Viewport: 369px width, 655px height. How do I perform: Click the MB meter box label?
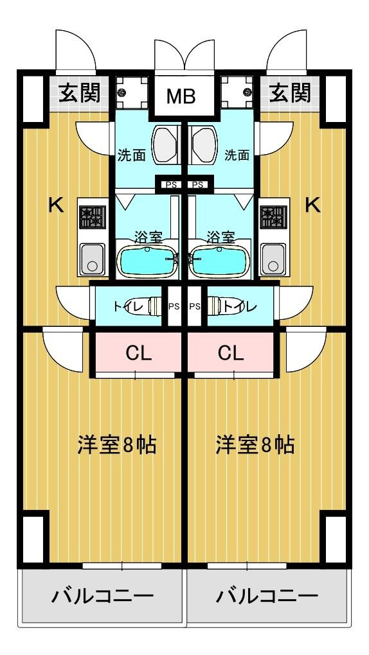pyautogui.click(x=181, y=96)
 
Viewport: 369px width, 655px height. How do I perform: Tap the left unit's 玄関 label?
pyautogui.click(x=79, y=92)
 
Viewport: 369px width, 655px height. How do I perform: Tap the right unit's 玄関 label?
pyautogui.click(x=289, y=92)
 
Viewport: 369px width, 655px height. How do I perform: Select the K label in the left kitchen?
pyautogui.click(x=57, y=205)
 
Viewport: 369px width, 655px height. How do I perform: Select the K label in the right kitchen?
pyautogui.click(x=312, y=205)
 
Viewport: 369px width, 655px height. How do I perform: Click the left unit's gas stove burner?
pyautogui.click(x=92, y=217)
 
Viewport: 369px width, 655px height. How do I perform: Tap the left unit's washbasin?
pyautogui.click(x=165, y=145)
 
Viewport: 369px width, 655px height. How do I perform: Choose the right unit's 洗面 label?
pyautogui.click(x=237, y=155)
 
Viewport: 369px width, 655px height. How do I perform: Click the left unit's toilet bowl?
pyautogui.click(x=154, y=306)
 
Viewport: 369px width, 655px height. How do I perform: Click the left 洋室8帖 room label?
pyautogui.click(x=117, y=445)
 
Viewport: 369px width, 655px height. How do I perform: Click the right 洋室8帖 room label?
pyautogui.click(x=255, y=445)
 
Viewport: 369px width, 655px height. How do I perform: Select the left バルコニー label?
pyautogui.click(x=102, y=597)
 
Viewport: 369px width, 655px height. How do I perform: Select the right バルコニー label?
pyautogui.click(x=267, y=597)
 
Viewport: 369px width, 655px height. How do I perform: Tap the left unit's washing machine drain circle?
pyautogui.click(x=122, y=92)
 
